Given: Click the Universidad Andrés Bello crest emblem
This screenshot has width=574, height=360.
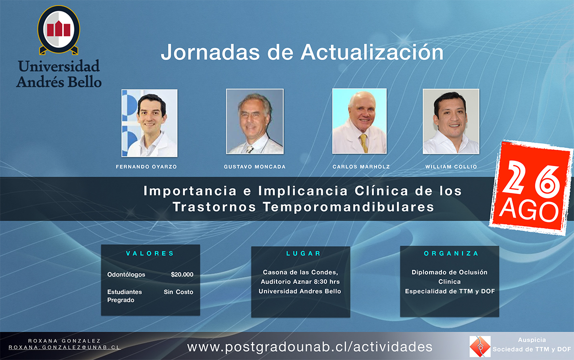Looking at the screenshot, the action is click(x=59, y=30).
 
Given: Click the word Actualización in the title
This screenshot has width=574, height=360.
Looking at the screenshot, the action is click(x=372, y=52).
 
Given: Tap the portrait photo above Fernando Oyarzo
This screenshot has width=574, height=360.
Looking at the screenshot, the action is click(x=149, y=123).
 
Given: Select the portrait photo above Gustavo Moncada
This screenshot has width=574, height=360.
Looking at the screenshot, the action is click(x=254, y=122).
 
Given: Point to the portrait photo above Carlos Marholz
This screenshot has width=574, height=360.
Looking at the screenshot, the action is click(x=360, y=121).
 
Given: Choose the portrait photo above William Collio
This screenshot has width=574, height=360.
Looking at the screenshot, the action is click(x=451, y=122).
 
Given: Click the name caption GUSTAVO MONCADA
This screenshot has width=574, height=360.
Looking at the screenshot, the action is click(x=254, y=167).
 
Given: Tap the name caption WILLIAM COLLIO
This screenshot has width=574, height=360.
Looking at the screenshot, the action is click(x=451, y=167).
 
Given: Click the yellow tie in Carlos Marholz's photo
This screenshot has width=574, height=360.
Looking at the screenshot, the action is click(x=364, y=143).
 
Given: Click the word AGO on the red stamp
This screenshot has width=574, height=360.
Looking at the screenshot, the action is click(x=529, y=212).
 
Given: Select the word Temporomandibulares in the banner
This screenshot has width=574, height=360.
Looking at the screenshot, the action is click(x=348, y=207).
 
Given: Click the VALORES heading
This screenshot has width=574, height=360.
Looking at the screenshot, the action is click(x=150, y=253).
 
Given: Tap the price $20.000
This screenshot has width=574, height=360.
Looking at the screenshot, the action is click(x=182, y=274).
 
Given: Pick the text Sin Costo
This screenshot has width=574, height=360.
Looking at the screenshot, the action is click(x=178, y=292).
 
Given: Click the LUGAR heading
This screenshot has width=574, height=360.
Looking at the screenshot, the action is click(x=303, y=253).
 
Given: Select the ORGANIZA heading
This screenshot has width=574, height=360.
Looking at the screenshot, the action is click(x=451, y=253).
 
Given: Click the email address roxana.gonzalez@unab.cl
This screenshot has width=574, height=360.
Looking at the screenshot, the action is click(x=64, y=348).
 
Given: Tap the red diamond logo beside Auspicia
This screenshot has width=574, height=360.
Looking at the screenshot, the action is click(x=480, y=347).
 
